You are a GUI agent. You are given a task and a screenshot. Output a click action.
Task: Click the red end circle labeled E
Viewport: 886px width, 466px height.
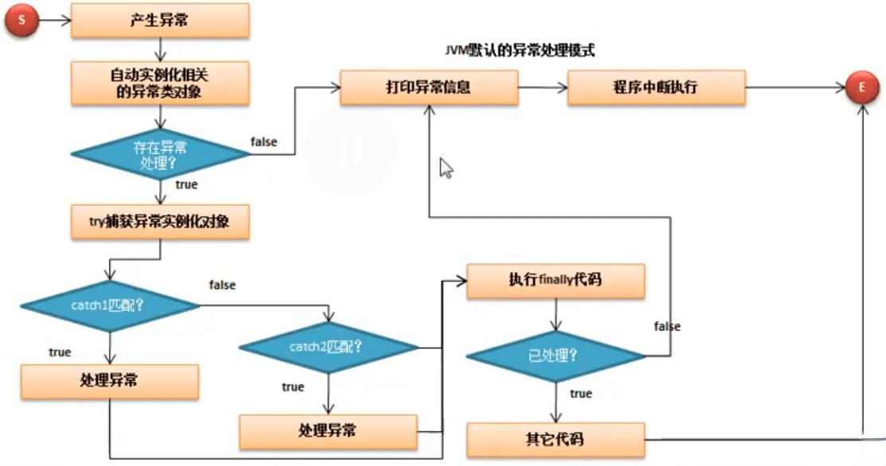[x=861, y=88]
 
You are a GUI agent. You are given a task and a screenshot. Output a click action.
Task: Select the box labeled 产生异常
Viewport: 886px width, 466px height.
[x=160, y=21]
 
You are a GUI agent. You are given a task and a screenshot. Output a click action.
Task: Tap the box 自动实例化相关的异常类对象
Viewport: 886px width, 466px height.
[x=160, y=83]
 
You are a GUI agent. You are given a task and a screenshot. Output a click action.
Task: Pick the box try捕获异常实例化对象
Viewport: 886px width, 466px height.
[x=160, y=222]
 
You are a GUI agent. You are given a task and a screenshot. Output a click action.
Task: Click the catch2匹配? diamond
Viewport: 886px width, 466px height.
[x=327, y=347]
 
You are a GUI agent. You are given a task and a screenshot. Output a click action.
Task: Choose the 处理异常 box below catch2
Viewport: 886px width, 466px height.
[x=327, y=431]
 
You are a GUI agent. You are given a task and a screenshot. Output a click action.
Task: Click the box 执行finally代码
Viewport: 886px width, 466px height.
[x=554, y=281]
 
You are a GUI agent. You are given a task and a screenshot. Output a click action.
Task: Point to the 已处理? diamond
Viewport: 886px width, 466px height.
[x=554, y=355]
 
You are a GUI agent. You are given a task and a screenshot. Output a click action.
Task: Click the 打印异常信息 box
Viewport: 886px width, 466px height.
[x=430, y=87]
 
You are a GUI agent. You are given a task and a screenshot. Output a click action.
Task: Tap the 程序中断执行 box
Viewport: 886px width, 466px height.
[x=656, y=87]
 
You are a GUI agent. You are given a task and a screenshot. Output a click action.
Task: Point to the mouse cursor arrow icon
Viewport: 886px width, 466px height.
[x=446, y=168]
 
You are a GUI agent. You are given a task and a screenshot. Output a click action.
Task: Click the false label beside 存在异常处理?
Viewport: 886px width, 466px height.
[x=264, y=142]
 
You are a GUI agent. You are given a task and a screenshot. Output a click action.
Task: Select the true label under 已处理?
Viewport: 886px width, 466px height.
[x=581, y=394]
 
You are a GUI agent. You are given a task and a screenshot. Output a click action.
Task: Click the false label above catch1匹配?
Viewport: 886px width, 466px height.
[x=222, y=284]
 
